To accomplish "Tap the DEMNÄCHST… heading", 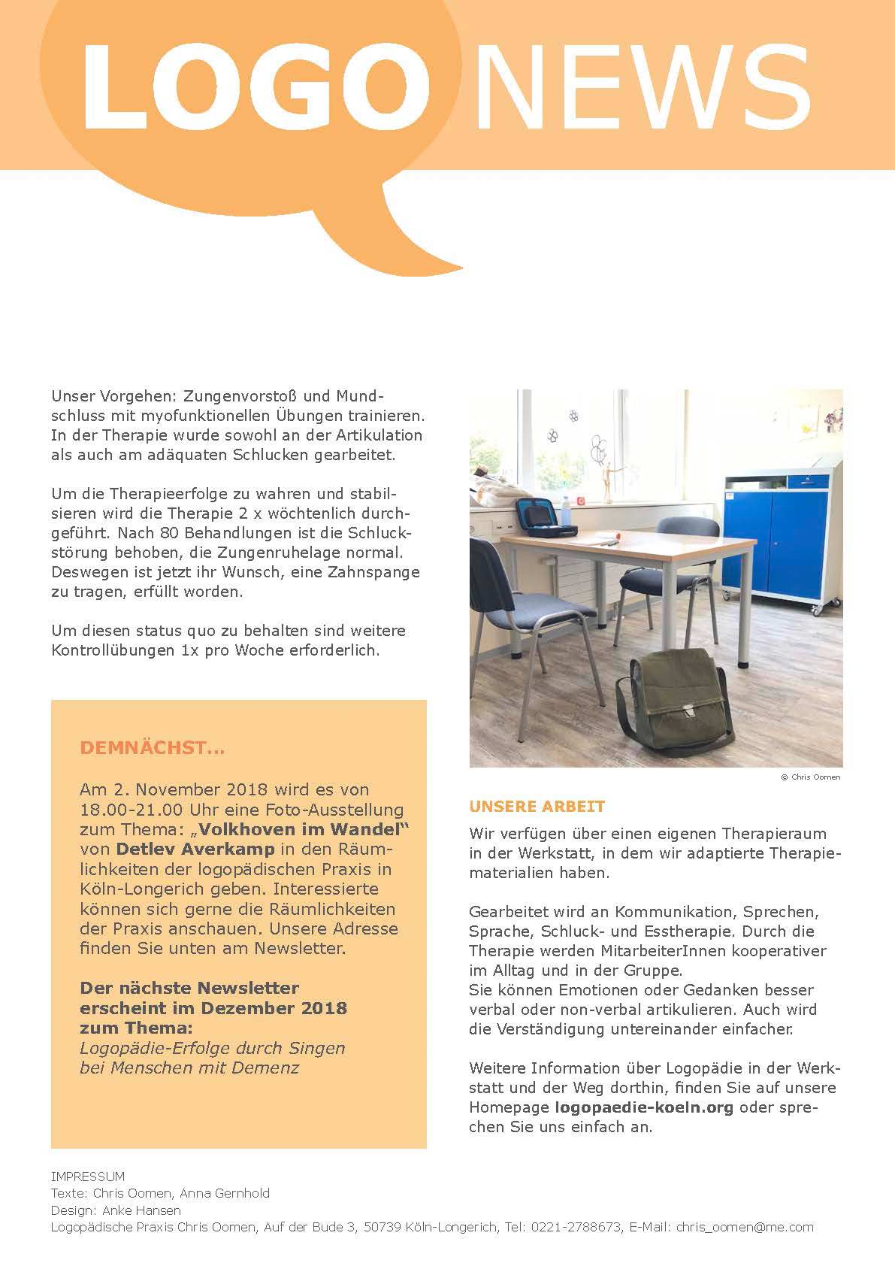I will (x=152, y=749).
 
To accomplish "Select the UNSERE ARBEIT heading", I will (x=537, y=807).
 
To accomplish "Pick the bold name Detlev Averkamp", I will (x=194, y=850).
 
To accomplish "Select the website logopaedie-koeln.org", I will (x=644, y=1107).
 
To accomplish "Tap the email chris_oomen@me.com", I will (x=745, y=1227).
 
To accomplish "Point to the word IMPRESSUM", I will (x=88, y=1177).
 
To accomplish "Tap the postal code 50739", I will (x=382, y=1227).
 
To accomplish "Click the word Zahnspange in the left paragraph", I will (x=376, y=571).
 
